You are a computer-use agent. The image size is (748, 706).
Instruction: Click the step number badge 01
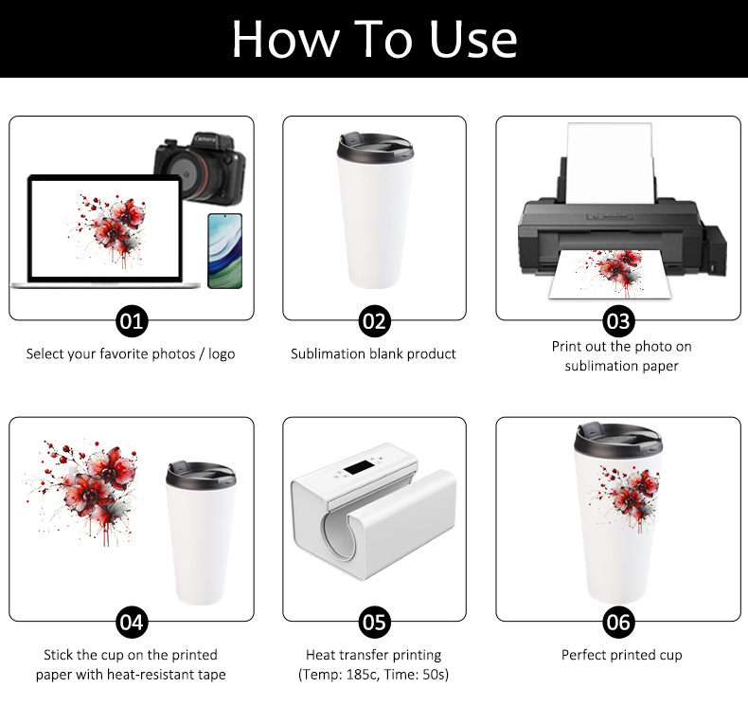(132, 321)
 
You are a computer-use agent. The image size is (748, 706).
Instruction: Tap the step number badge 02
(375, 321)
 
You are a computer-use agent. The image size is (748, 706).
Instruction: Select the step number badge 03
(618, 321)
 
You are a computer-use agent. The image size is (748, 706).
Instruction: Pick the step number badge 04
(132, 623)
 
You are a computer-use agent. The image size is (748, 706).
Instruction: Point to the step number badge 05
(375, 623)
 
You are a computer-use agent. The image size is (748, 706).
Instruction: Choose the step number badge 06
(618, 623)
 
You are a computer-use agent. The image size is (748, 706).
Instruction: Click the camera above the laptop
(200, 167)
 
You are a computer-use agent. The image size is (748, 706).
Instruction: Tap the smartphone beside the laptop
(225, 251)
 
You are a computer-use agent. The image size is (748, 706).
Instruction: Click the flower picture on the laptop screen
(106, 230)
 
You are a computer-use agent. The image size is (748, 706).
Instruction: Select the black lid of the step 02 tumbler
(374, 147)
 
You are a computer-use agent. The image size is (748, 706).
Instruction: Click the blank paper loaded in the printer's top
(610, 162)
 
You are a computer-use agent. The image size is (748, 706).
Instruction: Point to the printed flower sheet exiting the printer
(610, 274)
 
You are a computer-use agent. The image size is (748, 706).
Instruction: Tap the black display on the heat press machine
(358, 467)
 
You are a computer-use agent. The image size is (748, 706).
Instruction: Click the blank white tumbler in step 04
(201, 534)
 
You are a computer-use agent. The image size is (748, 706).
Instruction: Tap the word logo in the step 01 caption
(222, 354)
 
